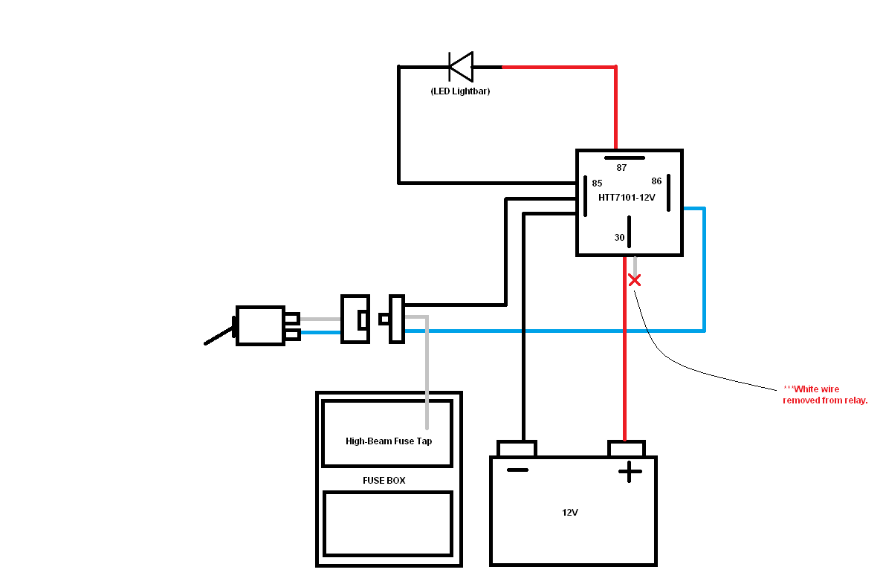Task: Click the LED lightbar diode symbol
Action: click(x=461, y=67)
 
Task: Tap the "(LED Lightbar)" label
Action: click(x=460, y=91)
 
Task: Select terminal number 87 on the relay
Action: click(x=622, y=167)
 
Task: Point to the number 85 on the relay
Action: click(x=597, y=183)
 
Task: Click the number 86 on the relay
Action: click(x=656, y=181)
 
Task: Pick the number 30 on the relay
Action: click(x=619, y=238)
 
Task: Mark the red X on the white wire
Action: click(x=634, y=280)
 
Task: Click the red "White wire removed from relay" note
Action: click(x=825, y=395)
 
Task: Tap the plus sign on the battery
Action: click(x=630, y=471)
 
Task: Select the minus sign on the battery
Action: click(x=517, y=470)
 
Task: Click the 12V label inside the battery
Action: click(x=570, y=513)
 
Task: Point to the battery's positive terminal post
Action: click(x=627, y=449)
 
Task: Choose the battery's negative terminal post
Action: click(x=517, y=449)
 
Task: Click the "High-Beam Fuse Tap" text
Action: click(x=388, y=441)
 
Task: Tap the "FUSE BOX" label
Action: click(x=384, y=480)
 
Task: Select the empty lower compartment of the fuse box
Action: click(x=388, y=523)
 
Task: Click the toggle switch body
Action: click(x=260, y=325)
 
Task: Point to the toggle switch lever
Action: click(x=220, y=337)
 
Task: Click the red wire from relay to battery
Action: click(x=624, y=357)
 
